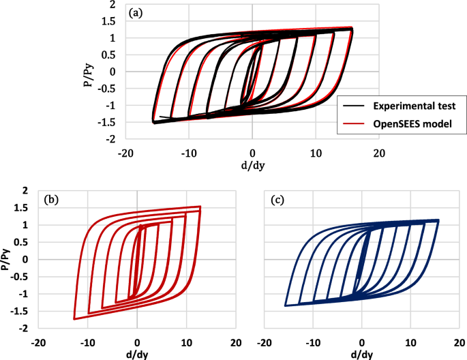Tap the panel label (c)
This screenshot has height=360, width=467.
click(277, 200)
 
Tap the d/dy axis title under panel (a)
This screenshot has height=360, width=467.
click(252, 166)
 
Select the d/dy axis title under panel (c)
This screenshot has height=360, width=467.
click(361, 354)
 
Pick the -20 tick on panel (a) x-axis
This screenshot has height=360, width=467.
click(125, 153)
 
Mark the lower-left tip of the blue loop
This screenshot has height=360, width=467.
click(285, 305)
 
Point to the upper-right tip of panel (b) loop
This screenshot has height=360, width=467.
click(200, 207)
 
